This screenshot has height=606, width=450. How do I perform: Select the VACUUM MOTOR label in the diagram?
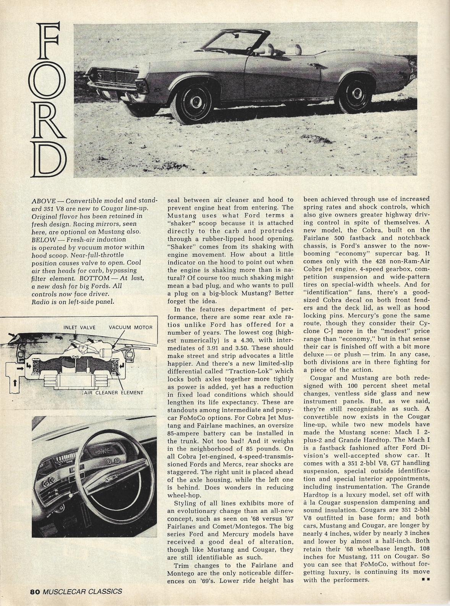[x=131, y=327]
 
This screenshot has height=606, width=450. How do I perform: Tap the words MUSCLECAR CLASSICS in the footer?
[x=82, y=591]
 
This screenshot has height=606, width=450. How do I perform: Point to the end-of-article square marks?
[x=426, y=580]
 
